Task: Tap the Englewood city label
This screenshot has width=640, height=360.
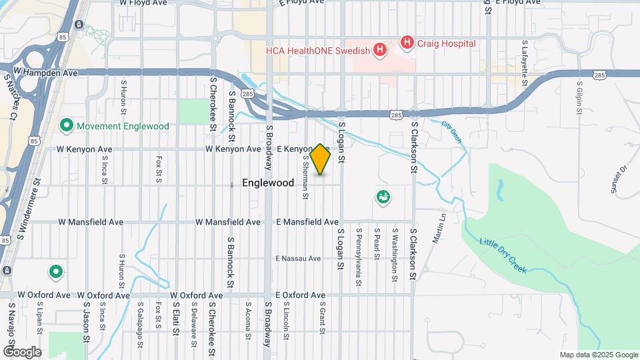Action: pos(268,183)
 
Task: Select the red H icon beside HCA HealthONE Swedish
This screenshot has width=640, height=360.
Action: pos(380,49)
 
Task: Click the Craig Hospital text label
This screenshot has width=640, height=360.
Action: pos(447,43)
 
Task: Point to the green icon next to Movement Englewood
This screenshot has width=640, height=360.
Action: pos(66,125)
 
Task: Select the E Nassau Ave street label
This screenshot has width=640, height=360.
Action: pos(299,258)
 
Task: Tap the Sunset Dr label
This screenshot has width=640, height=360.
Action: pos(619,179)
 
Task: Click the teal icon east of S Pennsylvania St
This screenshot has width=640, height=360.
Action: pos(383,197)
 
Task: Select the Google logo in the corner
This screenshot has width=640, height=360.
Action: pos(22,351)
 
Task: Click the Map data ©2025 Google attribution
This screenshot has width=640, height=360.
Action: pos(599,355)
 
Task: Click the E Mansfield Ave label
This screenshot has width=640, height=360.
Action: pos(307,221)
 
